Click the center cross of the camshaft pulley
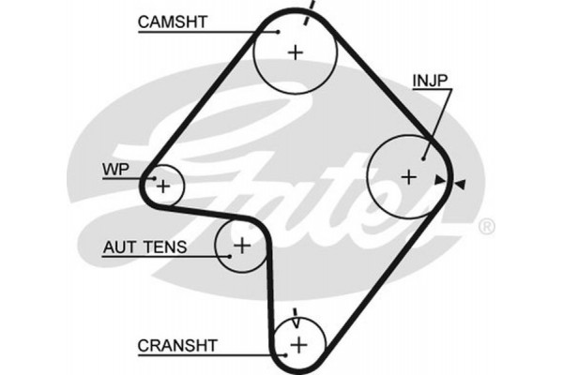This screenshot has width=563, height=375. (296, 52)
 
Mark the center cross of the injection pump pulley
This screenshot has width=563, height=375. (408, 175)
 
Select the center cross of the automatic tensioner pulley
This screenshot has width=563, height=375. (241, 247)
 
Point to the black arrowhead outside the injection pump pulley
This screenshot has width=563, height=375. (463, 182)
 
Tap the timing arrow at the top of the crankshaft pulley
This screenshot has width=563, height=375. (297, 316)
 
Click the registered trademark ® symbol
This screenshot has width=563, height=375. (485, 227)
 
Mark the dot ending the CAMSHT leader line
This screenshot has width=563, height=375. (278, 31)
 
